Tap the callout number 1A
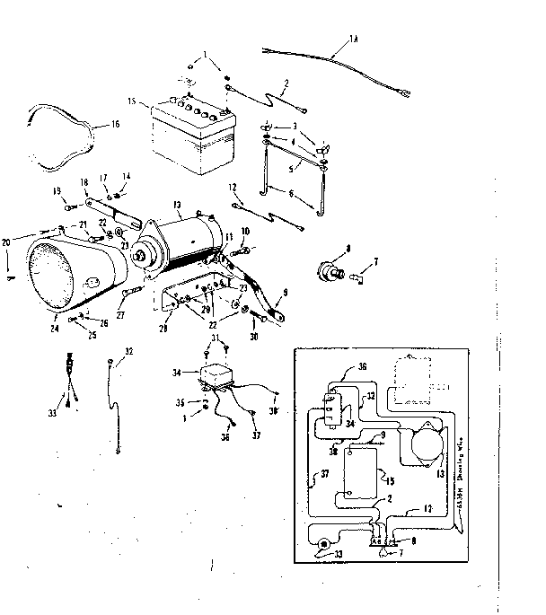pos(352,39)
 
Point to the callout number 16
pos(113,125)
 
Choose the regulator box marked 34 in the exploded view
pos(224,374)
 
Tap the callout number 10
pos(244,233)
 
